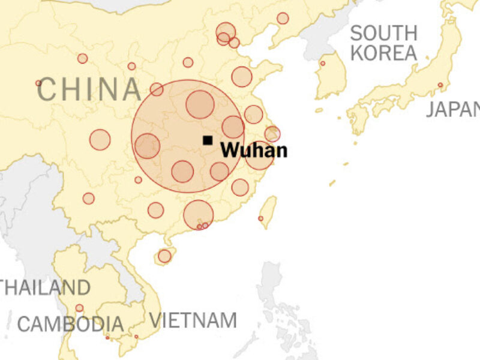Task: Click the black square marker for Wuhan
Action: (208, 140)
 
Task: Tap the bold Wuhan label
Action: (253, 151)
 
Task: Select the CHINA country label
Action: (89, 89)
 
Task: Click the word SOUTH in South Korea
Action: (384, 33)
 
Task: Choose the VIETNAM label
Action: (193, 320)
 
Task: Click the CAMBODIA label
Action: (70, 325)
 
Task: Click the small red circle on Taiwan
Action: (260, 218)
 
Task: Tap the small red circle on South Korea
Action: (323, 63)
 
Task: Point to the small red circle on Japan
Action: (440, 85)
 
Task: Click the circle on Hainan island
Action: (164, 256)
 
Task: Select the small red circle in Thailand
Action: (79, 308)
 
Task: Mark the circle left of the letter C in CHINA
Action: (38, 83)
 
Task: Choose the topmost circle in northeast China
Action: (283, 19)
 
